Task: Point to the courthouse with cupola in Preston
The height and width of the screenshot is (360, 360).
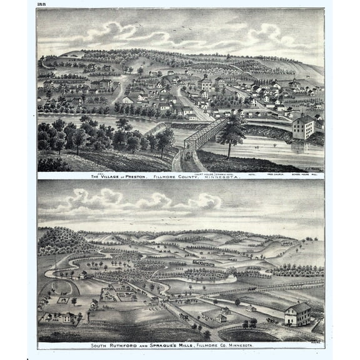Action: click(x=206, y=82)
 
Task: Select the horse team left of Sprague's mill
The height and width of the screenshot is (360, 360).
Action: click(x=270, y=320)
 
